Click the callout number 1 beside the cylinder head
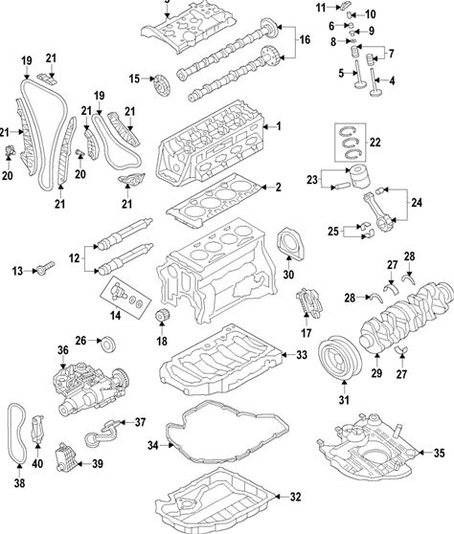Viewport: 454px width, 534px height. (279, 126)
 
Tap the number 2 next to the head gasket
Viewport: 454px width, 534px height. (279, 187)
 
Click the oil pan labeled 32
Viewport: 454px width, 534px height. (216, 502)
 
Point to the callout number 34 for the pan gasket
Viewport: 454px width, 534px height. (153, 445)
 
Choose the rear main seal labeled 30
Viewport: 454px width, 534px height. (290, 243)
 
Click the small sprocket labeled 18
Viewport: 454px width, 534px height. (162, 316)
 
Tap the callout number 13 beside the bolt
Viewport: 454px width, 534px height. (17, 272)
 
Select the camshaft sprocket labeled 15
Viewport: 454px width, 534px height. (161, 86)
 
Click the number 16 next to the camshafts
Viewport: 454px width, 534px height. (305, 40)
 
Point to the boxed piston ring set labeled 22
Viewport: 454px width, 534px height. (350, 143)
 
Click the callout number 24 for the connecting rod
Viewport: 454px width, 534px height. (417, 203)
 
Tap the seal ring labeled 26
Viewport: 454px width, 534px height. (109, 344)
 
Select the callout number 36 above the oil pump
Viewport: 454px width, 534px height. (63, 350)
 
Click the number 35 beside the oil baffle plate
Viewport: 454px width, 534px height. (440, 453)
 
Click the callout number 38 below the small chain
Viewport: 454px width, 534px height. (19, 483)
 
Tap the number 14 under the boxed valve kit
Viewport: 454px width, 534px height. (115, 316)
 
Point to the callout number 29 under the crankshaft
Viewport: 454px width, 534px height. (376, 373)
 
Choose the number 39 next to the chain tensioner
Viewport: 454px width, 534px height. (98, 464)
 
